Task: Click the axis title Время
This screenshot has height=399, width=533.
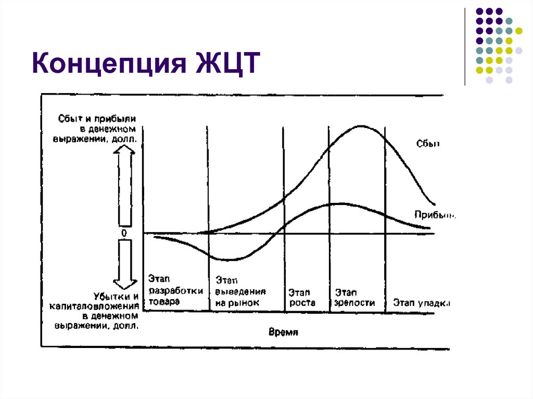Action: point(283,331)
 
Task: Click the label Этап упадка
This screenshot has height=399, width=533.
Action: point(421,302)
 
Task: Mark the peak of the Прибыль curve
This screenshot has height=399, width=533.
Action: point(338,203)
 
